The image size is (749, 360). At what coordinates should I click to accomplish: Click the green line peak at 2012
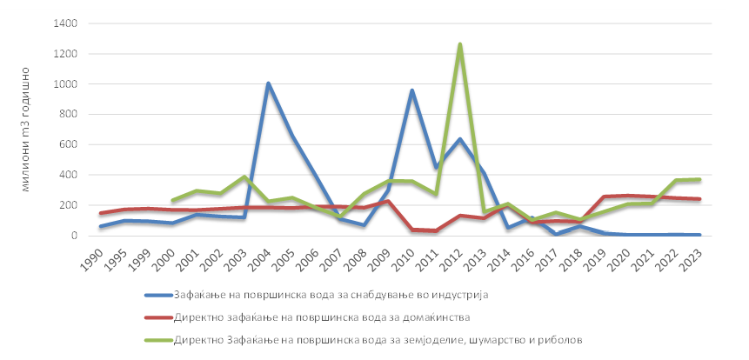coord(459,43)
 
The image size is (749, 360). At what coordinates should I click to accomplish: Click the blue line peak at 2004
coord(268,83)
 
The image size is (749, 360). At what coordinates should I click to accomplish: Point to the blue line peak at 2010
coord(411,90)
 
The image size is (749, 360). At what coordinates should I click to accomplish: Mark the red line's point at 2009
coord(387,201)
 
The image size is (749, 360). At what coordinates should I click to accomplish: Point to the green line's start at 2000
coord(172,200)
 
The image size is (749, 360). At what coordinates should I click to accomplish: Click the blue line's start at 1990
coord(101,226)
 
